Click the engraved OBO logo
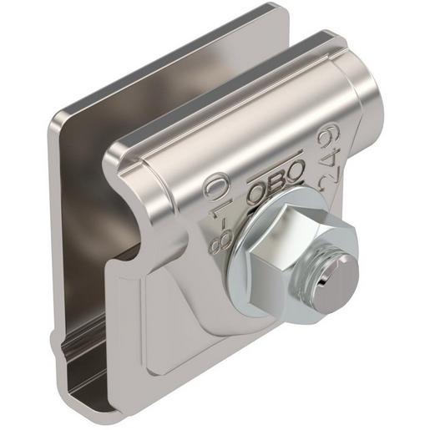(x=275, y=181)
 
